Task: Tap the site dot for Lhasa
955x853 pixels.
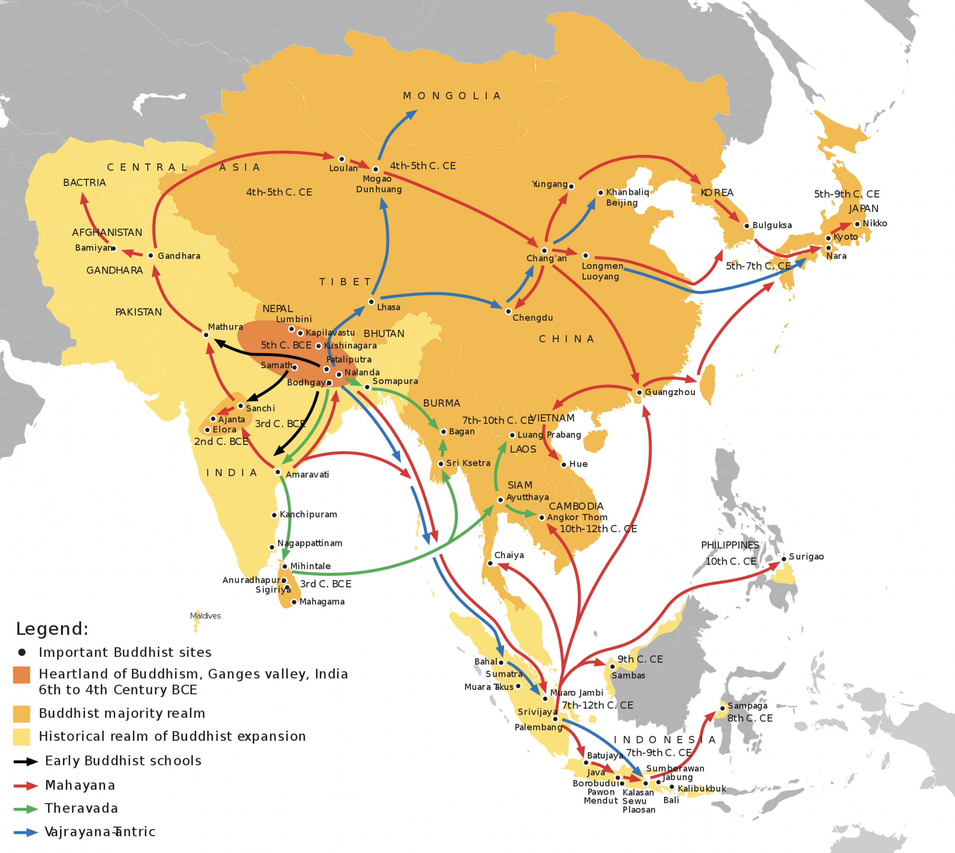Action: coord(371,302)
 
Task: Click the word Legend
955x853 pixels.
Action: coord(52,629)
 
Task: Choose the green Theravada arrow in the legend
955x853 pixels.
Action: coord(26,809)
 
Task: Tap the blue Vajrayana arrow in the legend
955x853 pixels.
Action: coord(26,832)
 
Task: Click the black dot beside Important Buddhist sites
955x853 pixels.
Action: coord(22,652)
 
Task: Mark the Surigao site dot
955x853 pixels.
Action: coord(783,559)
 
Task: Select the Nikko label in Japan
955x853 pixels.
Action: coord(874,224)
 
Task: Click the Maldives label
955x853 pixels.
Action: coord(205,616)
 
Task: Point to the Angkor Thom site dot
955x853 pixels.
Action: coord(542,517)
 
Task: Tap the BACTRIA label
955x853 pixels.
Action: coord(84,183)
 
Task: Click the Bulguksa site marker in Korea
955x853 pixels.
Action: coord(746,226)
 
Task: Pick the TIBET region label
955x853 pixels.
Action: coord(345,282)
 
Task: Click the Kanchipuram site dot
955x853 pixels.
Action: coord(274,515)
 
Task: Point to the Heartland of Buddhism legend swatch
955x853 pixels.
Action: coord(22,675)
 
